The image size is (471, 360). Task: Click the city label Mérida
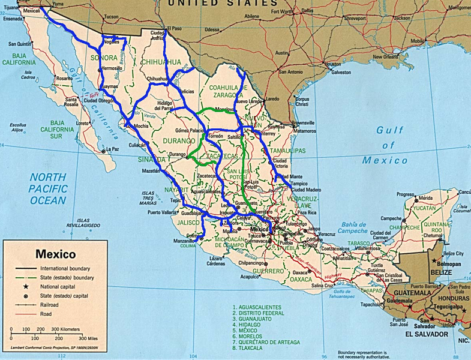coord(427,197)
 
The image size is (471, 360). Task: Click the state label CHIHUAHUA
coord(161,62)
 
